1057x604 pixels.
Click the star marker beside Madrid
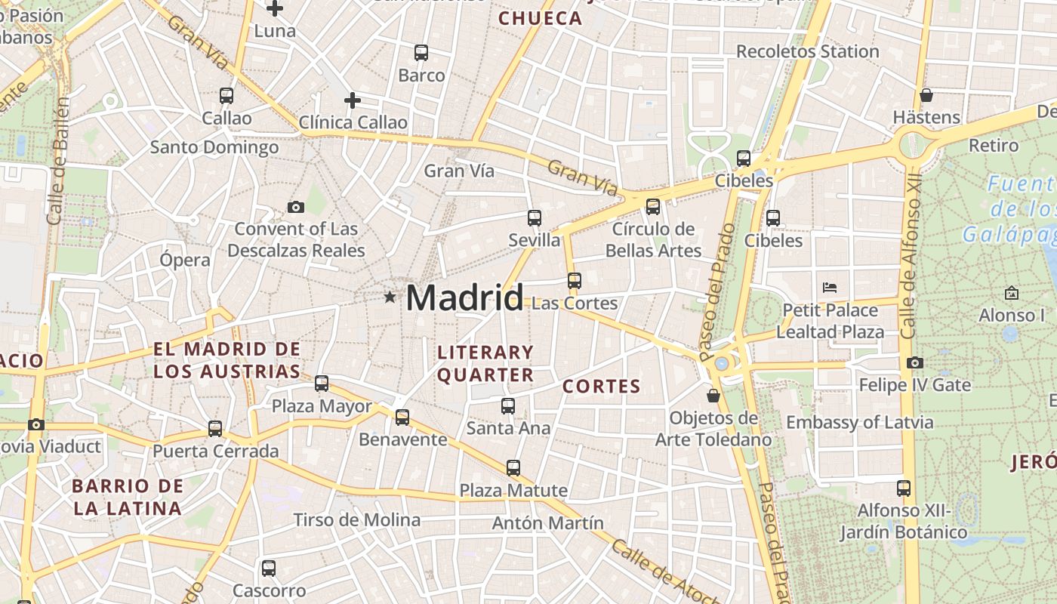pos(390,297)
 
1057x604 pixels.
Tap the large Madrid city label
pos(464,297)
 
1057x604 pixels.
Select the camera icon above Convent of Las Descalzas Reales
pos(296,207)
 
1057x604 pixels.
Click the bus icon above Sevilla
pos(535,218)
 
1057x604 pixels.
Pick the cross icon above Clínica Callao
pos(353,100)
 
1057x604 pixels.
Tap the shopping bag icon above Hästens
pos(926,95)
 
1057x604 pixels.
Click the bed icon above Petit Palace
pos(830,287)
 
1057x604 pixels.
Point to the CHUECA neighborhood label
pos(541,19)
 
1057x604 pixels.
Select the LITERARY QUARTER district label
pos(485,363)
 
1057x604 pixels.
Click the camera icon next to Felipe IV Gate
pos(915,363)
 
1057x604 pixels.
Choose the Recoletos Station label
pos(807,51)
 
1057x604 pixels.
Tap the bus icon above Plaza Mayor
pos(322,384)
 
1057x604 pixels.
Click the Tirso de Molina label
pos(356,519)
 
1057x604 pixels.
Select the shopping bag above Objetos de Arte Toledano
pos(713,396)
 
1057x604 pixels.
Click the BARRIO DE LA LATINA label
pos(128,497)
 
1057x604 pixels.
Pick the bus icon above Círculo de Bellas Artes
pos(653,206)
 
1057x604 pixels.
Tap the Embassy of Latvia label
pos(860,422)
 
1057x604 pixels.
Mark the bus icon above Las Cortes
pos(575,281)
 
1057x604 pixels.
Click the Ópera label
pos(185,260)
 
